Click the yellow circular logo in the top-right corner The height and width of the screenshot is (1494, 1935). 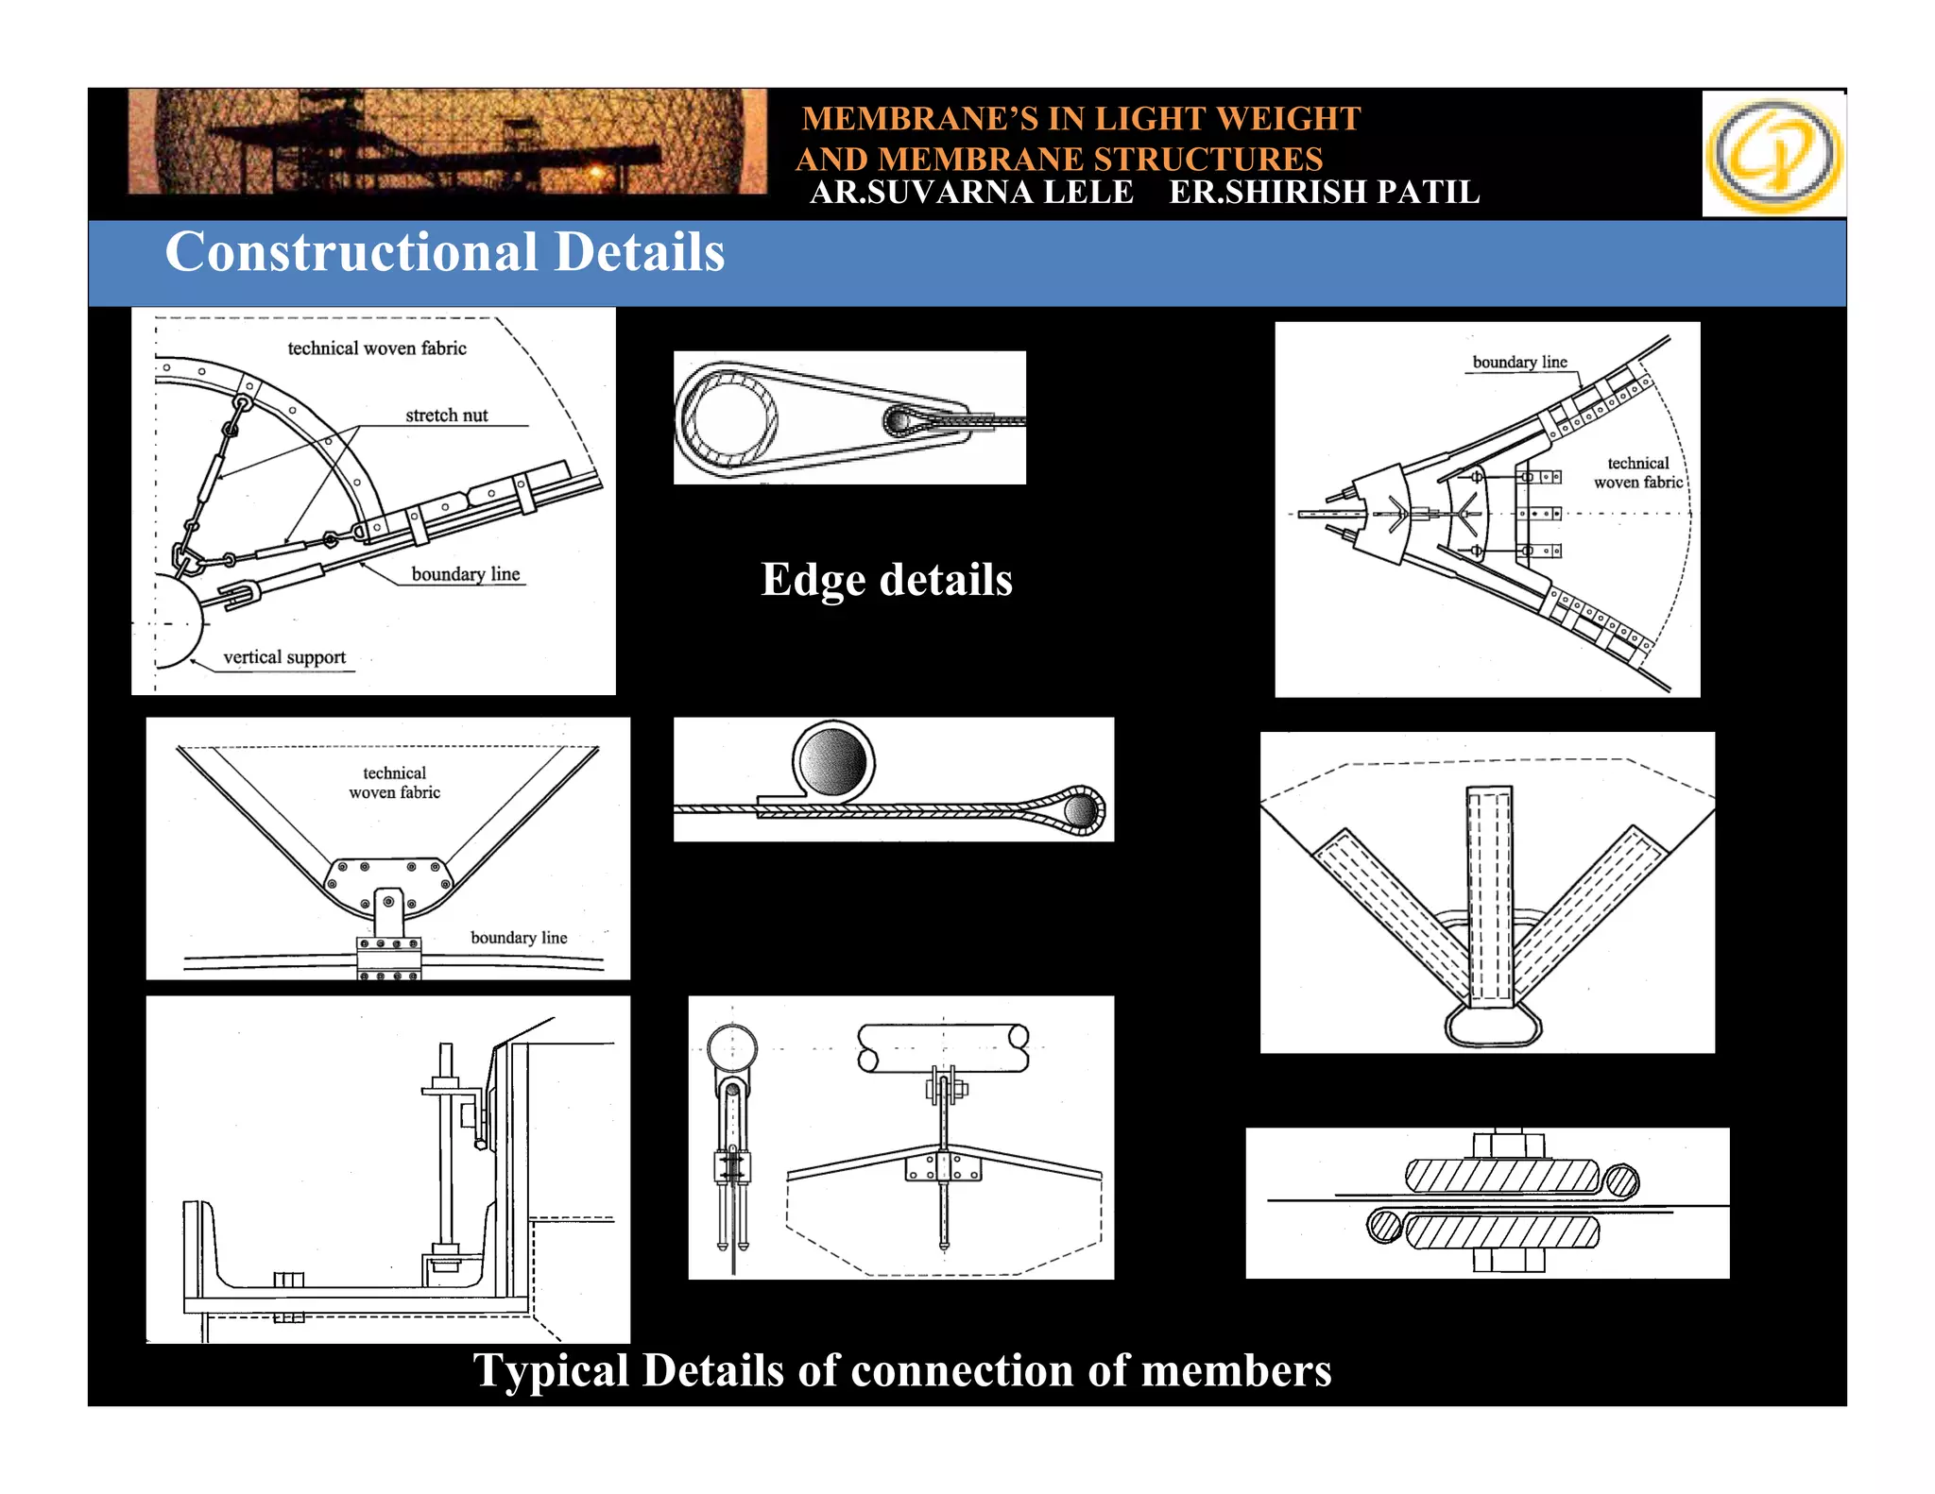pos(1773,154)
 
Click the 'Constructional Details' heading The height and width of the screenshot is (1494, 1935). pos(444,252)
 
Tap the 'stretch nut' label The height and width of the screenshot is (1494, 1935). pos(446,416)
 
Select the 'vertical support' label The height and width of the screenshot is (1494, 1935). pos(284,657)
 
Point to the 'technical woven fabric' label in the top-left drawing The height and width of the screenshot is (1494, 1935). pos(377,348)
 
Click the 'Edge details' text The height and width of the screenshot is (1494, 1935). pos(886,579)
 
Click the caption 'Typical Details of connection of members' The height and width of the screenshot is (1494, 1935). pos(901,1370)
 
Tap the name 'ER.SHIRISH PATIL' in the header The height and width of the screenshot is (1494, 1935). pos(1324,192)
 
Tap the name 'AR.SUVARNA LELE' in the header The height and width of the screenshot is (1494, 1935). pos(971,192)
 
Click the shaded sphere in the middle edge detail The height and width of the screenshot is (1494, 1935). pos(832,761)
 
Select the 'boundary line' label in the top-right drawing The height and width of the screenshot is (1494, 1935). pos(1519,363)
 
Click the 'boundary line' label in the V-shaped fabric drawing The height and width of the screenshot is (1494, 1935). pos(519,938)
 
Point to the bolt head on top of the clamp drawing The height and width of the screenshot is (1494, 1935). pos(1509,1145)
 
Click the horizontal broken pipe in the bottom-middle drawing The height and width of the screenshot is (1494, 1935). pos(943,1048)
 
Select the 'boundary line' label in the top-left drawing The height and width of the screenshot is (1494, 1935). pos(466,574)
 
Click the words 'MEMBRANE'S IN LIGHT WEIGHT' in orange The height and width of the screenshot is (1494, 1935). pos(1080,119)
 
